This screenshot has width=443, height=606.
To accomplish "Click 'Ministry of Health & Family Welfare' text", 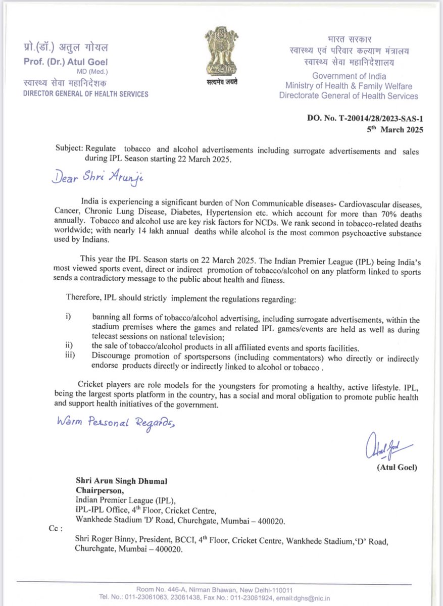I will click(x=348, y=86).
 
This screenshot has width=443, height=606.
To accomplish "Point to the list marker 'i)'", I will click(x=69, y=317).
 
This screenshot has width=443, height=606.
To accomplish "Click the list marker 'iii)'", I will click(x=70, y=355).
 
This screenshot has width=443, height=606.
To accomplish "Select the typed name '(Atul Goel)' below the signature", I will click(x=397, y=467).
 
